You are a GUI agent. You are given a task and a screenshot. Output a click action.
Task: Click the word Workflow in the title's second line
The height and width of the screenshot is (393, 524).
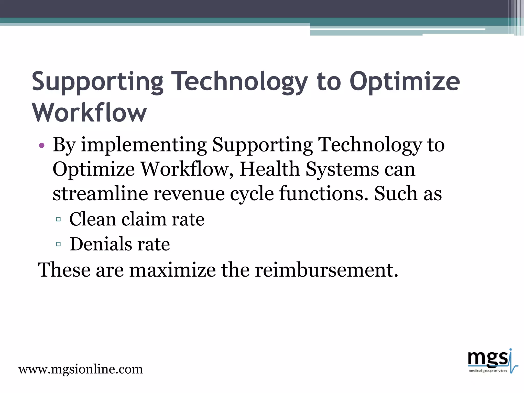point(89,113)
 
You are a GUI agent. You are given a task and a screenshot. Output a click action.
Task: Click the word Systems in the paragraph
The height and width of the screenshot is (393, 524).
point(342,169)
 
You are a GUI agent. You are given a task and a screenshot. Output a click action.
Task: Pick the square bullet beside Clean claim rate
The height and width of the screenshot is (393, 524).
point(58,219)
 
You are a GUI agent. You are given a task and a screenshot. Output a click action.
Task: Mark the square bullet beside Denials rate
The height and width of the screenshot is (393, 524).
point(58,244)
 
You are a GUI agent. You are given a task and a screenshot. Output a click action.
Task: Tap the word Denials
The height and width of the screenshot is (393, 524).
point(101,244)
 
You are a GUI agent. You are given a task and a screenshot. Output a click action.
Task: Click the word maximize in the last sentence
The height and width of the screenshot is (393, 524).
point(172,270)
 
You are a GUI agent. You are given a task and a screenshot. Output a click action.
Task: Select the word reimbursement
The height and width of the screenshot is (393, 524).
point(326,270)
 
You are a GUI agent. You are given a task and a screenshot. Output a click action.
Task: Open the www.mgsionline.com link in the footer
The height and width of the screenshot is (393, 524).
point(81,369)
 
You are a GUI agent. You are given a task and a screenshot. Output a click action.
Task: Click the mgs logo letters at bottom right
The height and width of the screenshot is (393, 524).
point(487,359)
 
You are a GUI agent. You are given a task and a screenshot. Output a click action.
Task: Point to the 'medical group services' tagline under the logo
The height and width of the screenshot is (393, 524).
point(488,370)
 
